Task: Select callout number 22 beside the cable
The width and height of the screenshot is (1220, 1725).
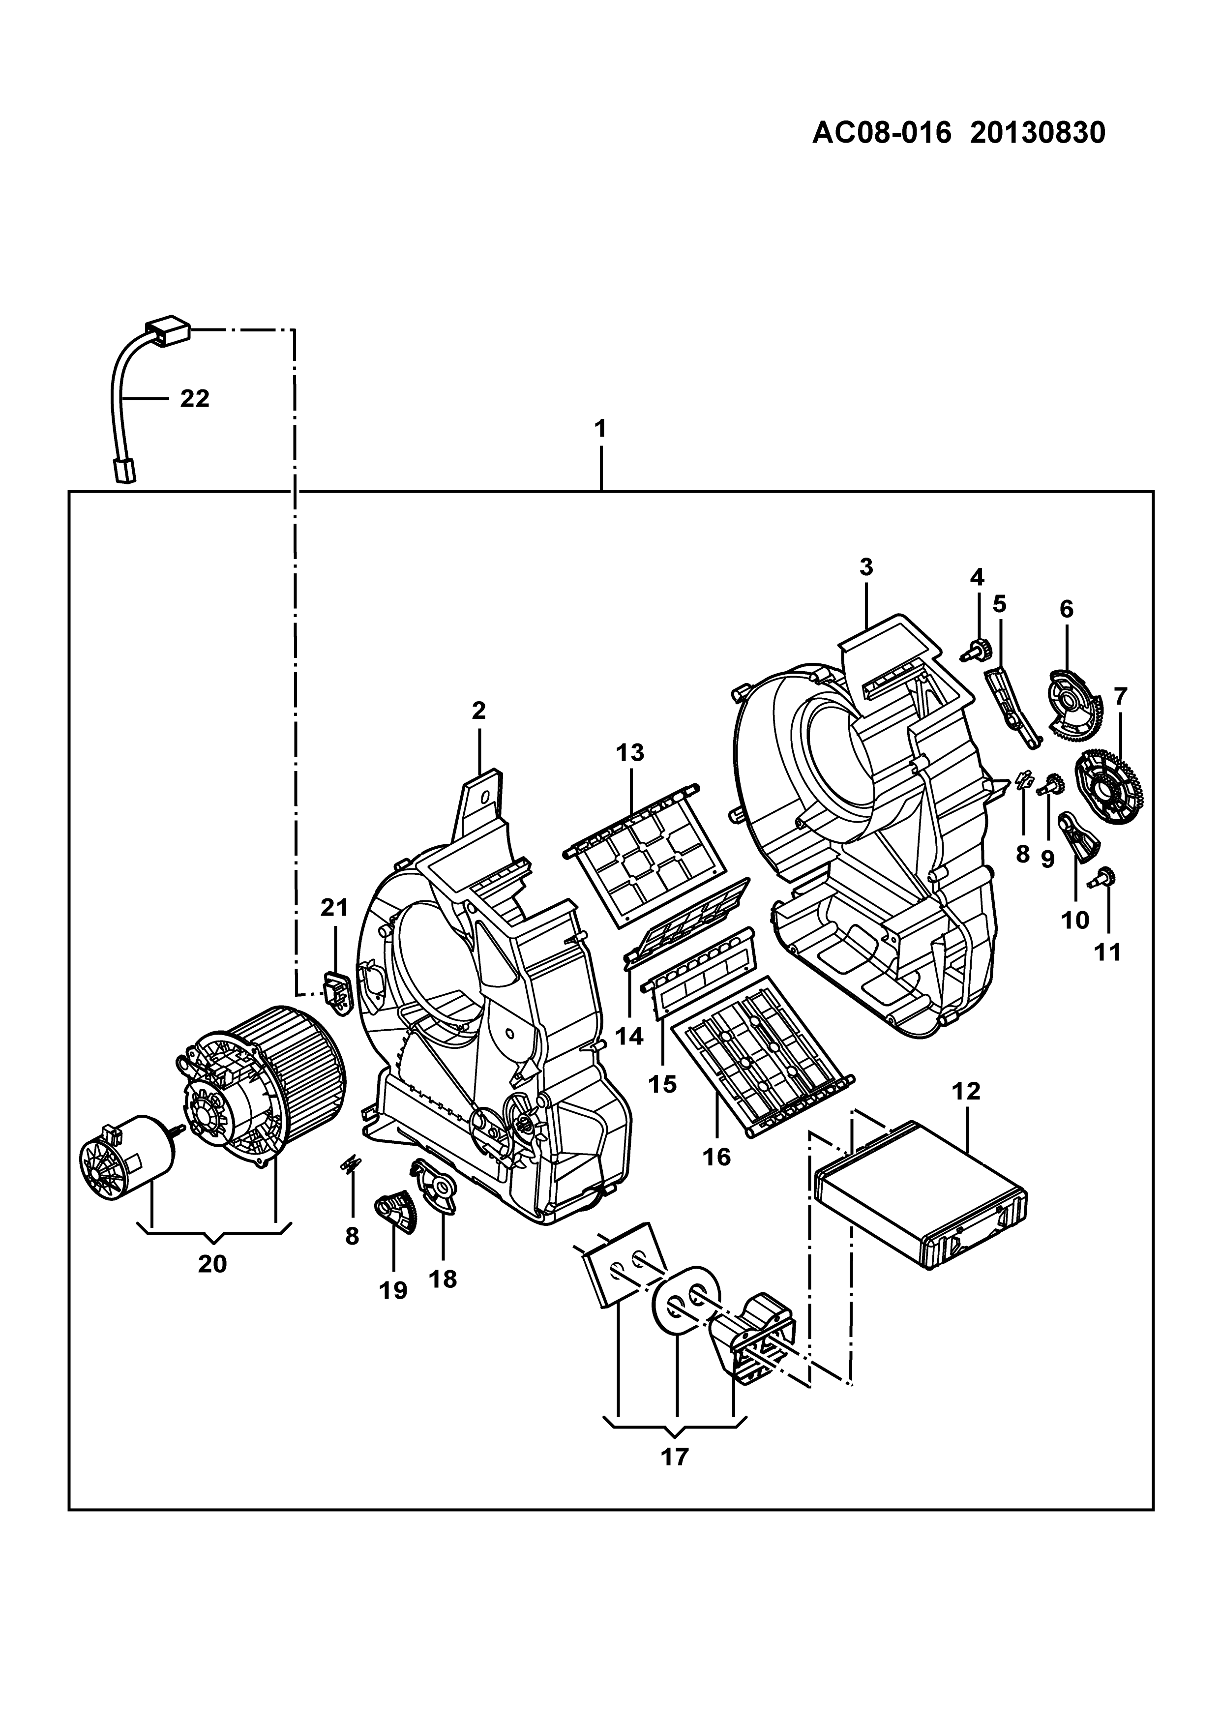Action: pos(195,398)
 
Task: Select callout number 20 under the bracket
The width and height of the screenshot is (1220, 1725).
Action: pos(212,1264)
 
